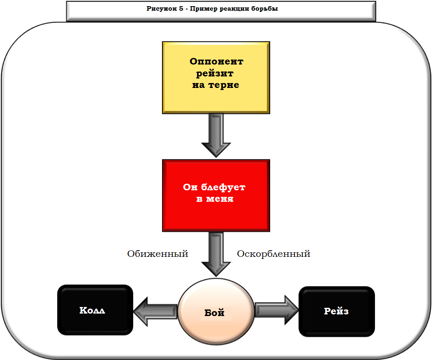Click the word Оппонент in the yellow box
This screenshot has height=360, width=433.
pos(216,62)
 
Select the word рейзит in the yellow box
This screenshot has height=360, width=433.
pos(215,74)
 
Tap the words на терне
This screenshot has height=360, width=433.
pos(215,85)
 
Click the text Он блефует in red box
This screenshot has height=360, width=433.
pos(214,187)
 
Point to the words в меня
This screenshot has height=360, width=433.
pos(214,199)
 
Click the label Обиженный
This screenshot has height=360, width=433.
pos(157,254)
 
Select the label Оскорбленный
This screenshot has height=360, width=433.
pos(273,254)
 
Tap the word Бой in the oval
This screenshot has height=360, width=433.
pos(215,313)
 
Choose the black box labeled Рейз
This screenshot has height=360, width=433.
pos(337,312)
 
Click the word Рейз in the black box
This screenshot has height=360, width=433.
pos(336,312)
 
